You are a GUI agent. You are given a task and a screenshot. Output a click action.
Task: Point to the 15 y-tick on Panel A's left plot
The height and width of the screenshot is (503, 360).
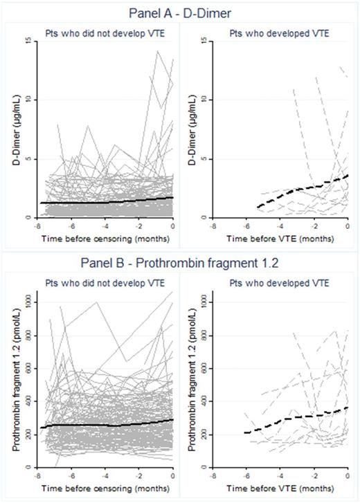tap(27, 41)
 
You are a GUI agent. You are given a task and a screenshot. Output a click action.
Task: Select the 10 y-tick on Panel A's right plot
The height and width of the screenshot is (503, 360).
tap(199, 100)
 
